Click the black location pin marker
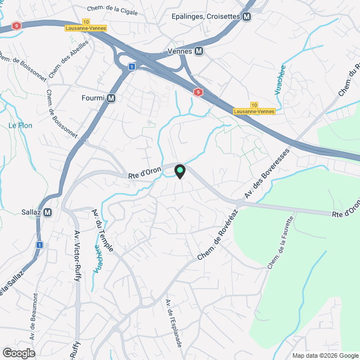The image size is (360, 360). (x=179, y=172)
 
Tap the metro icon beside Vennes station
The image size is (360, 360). (x=199, y=51)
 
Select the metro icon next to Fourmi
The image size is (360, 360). (x=111, y=98)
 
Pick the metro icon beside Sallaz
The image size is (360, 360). (x=47, y=212)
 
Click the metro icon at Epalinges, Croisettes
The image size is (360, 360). (x=246, y=17)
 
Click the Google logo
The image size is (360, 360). (x=19, y=353)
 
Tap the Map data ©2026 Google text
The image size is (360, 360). (x=325, y=355)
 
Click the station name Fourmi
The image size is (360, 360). (x=93, y=98)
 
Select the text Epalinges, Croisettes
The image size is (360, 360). (x=205, y=17)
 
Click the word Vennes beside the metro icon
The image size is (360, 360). (x=180, y=51)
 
